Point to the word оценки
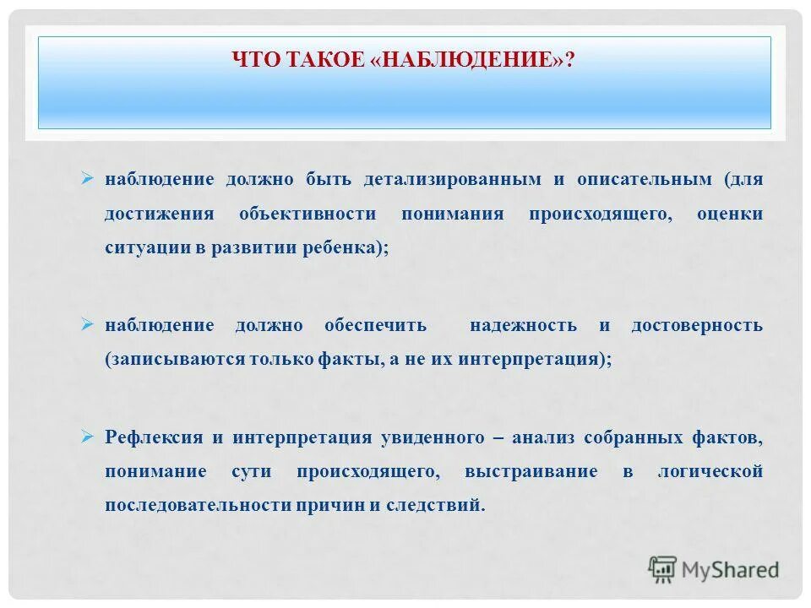coord(730,214)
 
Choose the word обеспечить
coord(375,326)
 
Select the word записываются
coord(174,359)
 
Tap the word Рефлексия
coord(154,438)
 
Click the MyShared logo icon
coord(662,568)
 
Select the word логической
coord(710,472)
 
